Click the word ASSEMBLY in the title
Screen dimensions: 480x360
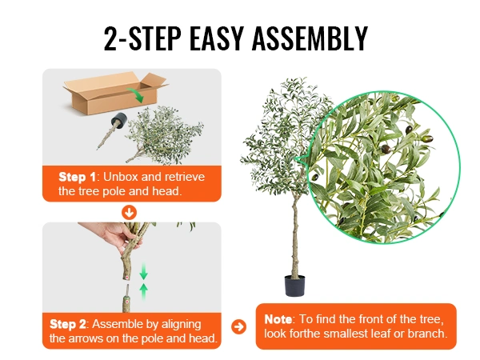point(310,38)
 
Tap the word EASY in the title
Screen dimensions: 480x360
point(217,38)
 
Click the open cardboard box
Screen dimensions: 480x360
point(115,93)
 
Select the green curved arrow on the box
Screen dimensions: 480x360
point(135,94)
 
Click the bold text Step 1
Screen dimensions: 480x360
point(77,177)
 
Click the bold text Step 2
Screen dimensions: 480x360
point(68,324)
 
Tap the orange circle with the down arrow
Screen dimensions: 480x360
point(129,213)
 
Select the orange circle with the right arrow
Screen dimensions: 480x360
point(238,326)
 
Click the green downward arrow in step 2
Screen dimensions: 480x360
point(143,271)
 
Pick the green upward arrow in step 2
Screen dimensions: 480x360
point(143,292)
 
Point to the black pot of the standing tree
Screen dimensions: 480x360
point(294,286)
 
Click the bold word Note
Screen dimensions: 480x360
point(278,319)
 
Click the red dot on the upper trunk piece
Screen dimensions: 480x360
point(126,278)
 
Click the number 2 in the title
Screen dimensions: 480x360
point(111,38)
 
